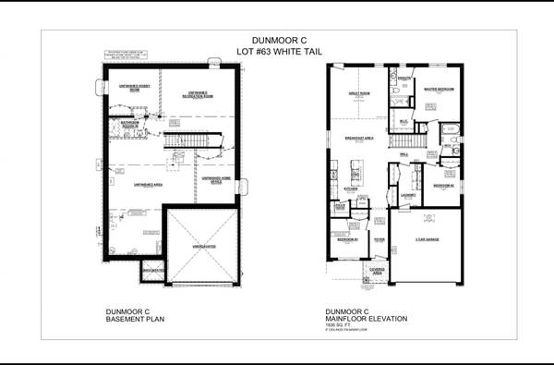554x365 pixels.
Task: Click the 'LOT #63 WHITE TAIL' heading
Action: [x=276, y=52]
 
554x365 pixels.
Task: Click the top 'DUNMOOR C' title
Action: [x=276, y=41]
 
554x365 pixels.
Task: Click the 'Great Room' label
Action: [x=358, y=93]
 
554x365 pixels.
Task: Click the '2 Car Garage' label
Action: [x=426, y=239]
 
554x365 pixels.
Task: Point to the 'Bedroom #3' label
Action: [x=347, y=239]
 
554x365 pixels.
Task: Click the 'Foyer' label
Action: [x=379, y=238]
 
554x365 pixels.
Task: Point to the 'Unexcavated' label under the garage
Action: [x=204, y=247]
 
